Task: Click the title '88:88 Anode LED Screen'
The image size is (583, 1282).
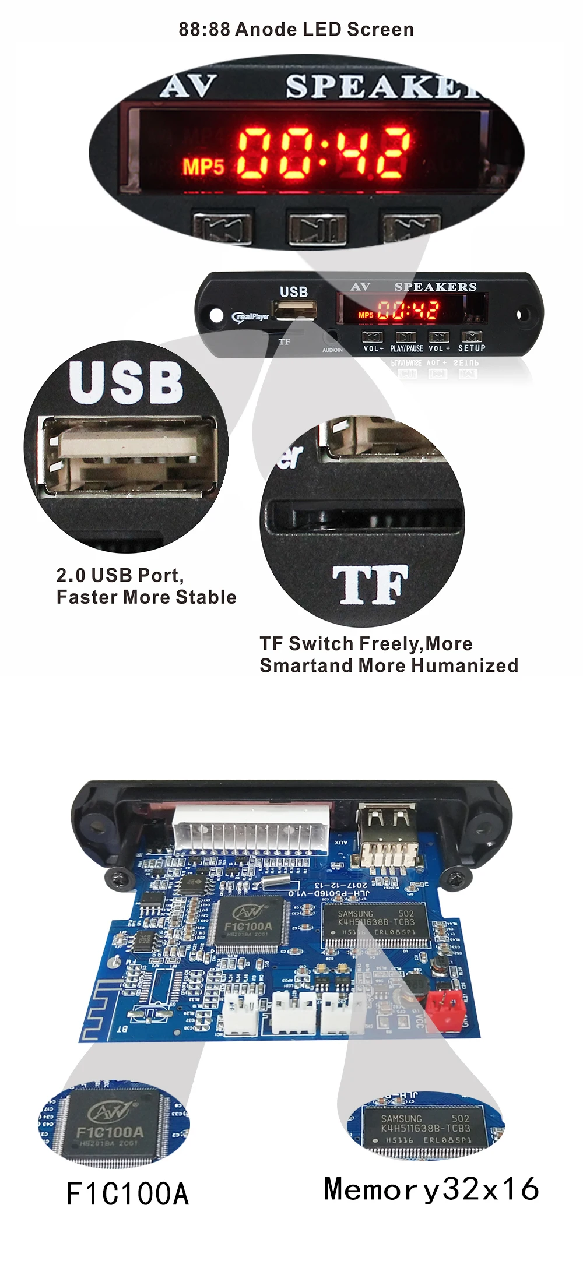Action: [x=296, y=29]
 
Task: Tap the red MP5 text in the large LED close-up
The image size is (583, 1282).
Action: [x=203, y=167]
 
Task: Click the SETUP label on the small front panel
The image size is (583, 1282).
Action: [x=472, y=348]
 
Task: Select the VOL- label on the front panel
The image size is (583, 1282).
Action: [x=373, y=348]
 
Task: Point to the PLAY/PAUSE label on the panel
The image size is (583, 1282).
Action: [x=406, y=348]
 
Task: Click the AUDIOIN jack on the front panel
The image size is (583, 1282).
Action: [x=332, y=338]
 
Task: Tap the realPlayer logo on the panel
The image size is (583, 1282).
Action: [x=251, y=316]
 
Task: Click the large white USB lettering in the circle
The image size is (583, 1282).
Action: [x=126, y=383]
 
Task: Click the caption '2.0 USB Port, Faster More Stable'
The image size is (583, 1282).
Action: [x=146, y=586]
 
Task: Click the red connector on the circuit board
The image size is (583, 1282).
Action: [x=445, y=1002]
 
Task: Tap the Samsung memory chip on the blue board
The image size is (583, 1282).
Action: [x=376, y=922]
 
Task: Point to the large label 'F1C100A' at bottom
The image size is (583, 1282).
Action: [x=128, y=1194]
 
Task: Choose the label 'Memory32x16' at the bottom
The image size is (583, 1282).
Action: [x=431, y=1189]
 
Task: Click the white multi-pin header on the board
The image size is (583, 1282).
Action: [x=251, y=827]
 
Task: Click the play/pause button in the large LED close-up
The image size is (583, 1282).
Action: [x=317, y=227]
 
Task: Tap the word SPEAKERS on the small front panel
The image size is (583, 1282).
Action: [x=436, y=287]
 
